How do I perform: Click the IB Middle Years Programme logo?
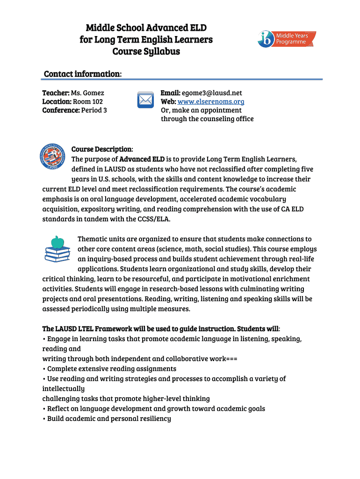click(287, 39)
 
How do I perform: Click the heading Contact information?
click(83, 74)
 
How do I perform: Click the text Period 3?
click(94, 110)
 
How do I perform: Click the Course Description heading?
click(102, 149)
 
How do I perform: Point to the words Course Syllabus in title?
click(146, 51)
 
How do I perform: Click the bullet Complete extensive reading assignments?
click(111, 369)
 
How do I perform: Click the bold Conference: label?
click(61, 110)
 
